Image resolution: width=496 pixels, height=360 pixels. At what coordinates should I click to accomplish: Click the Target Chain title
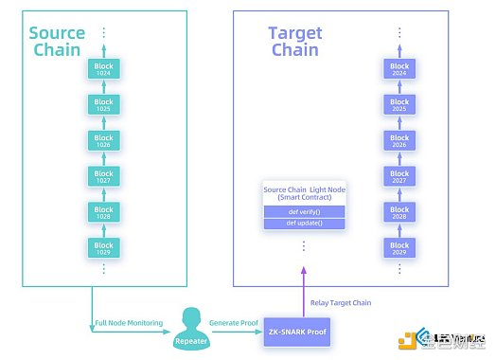pyautogui.click(x=294, y=41)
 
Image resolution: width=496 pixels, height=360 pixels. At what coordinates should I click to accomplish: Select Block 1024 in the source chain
pyautogui.click(x=103, y=69)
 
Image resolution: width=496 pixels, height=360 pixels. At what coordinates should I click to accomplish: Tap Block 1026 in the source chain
pyautogui.click(x=103, y=141)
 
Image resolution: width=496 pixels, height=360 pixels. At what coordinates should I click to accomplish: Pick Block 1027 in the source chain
pyautogui.click(x=103, y=177)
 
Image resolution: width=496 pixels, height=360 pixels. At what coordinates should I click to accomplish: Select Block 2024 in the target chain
pyautogui.click(x=399, y=69)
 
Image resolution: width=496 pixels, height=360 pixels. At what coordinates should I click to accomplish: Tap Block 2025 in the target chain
pyautogui.click(x=399, y=105)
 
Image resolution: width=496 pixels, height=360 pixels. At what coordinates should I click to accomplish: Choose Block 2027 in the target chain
pyautogui.click(x=399, y=177)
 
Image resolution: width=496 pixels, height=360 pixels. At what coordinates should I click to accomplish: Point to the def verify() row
pyautogui.click(x=304, y=211)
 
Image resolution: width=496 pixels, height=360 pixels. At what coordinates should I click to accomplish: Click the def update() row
pyautogui.click(x=304, y=225)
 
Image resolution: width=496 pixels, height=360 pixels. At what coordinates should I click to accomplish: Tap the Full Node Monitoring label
pyautogui.click(x=129, y=324)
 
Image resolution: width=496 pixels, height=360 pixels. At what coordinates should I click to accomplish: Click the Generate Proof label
pyautogui.click(x=235, y=324)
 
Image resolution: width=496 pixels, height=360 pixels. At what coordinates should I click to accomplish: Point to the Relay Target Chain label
pyautogui.click(x=341, y=302)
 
